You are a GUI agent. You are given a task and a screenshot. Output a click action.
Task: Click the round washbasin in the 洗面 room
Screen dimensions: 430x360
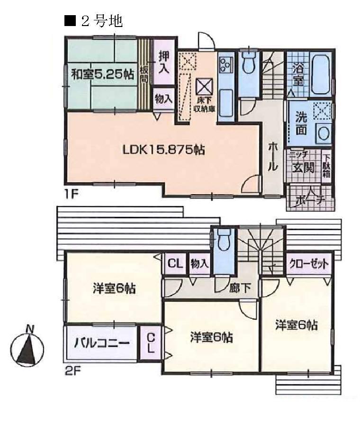pos(324,133)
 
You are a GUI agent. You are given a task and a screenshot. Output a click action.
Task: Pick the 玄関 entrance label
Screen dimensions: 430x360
pos(304,167)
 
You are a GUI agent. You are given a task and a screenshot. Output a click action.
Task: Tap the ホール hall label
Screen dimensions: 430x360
pos(272,156)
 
